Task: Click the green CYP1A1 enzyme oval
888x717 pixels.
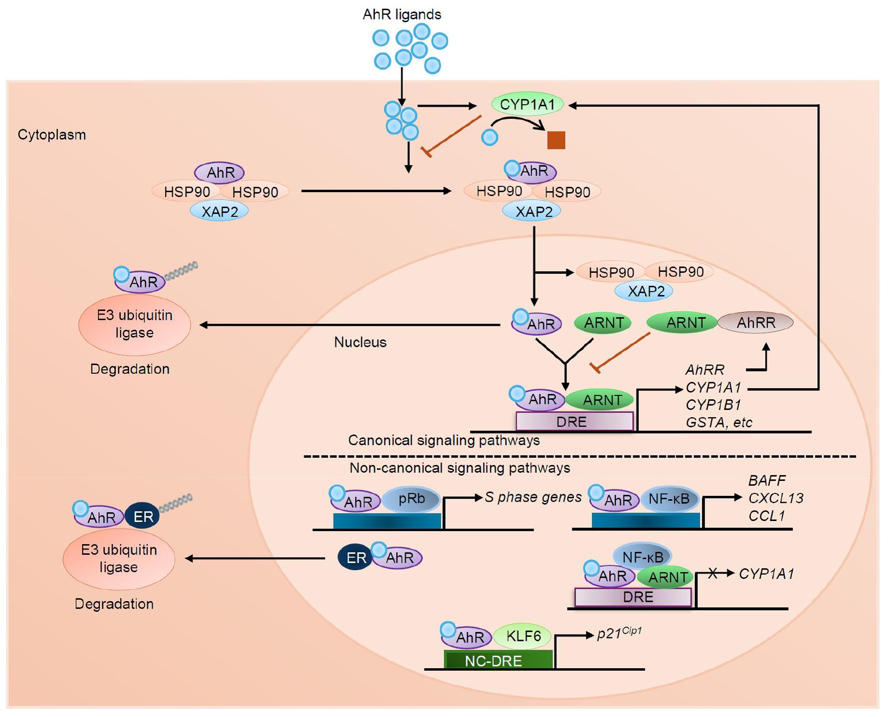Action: pos(527,104)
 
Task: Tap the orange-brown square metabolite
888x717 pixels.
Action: pos(556,140)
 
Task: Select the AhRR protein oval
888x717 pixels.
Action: pos(755,323)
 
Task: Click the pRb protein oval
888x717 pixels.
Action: pos(411,499)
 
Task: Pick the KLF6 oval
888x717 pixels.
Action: pos(523,636)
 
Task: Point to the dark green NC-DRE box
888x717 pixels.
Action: pos(498,660)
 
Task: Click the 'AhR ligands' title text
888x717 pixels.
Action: pos(402,14)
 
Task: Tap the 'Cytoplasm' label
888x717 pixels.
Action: pos(52,135)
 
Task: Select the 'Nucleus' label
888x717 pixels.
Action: pos(360,342)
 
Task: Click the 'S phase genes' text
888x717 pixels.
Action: pos(533,497)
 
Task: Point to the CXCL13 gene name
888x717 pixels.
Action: pos(775,498)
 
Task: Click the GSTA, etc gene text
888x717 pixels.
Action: pos(719,422)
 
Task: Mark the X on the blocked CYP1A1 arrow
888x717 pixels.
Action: pos(713,574)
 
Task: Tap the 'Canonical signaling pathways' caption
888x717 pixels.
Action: pos(444,440)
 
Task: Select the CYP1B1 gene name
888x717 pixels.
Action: pos(713,405)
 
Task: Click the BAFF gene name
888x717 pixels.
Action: pos(767,480)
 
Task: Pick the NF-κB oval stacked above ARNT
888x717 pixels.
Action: pos(642,557)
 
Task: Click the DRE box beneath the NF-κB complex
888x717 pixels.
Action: pos(633,597)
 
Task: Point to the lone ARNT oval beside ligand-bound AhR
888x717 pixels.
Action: pos(603,323)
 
